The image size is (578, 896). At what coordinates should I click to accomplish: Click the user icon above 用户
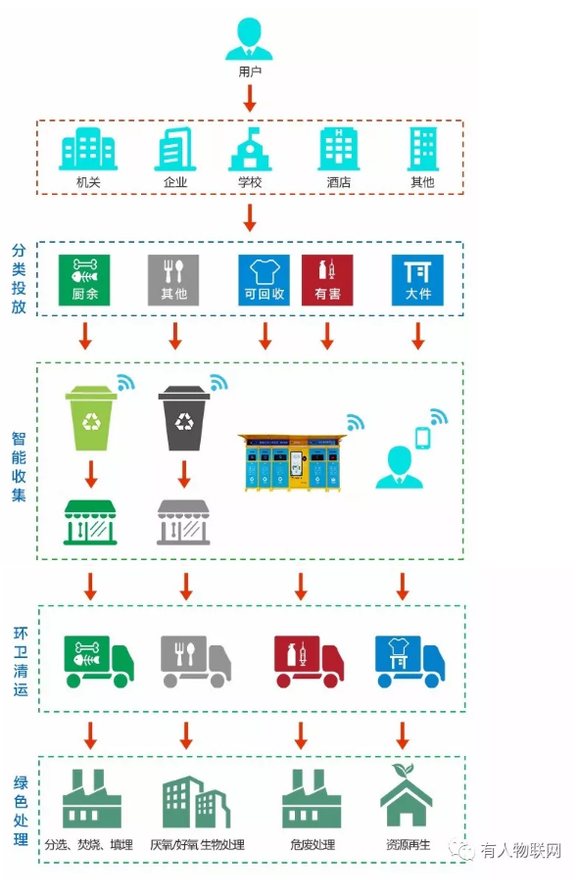pyautogui.click(x=249, y=39)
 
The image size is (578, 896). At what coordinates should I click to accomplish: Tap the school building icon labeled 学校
pyautogui.click(x=250, y=149)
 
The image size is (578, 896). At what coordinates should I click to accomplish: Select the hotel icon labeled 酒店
pyautogui.click(x=338, y=149)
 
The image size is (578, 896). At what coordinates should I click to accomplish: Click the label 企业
pyautogui.click(x=175, y=182)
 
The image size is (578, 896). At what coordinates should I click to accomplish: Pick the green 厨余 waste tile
pyautogui.click(x=84, y=280)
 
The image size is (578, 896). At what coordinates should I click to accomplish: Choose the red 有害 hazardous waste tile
pyautogui.click(x=327, y=280)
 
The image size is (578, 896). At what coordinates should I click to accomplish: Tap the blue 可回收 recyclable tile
pyautogui.click(x=265, y=280)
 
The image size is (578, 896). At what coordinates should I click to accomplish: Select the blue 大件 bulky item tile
pyautogui.click(x=417, y=280)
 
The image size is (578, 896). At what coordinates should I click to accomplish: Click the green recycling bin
pyautogui.click(x=91, y=418)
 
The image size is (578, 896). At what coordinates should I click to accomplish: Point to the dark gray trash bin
pyautogui.click(x=184, y=418)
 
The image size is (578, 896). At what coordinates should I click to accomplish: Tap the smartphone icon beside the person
pyautogui.click(x=422, y=439)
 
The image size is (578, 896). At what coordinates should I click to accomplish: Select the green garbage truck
pyautogui.click(x=99, y=661)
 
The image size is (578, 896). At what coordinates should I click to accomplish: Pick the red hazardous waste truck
pyautogui.click(x=310, y=661)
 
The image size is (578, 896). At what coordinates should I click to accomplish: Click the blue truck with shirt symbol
pyautogui.click(x=409, y=661)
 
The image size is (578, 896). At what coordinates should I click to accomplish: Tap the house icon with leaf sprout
pyautogui.click(x=407, y=795)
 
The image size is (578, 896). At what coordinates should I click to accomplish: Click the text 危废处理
pyautogui.click(x=313, y=844)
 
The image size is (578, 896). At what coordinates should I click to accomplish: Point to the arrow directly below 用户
pyautogui.click(x=250, y=98)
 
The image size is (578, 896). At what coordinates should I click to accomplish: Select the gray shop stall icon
pyautogui.click(x=183, y=522)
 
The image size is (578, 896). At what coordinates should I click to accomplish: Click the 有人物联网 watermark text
pyautogui.click(x=521, y=851)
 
